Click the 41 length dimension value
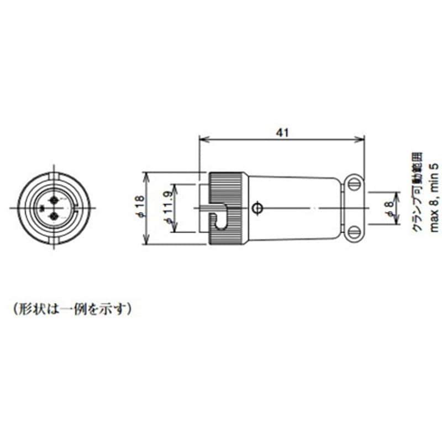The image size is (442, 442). [x=282, y=133]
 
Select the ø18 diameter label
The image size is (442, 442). [x=140, y=208]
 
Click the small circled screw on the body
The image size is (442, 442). [x=256, y=208]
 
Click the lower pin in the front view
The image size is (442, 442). [x=54, y=217]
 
